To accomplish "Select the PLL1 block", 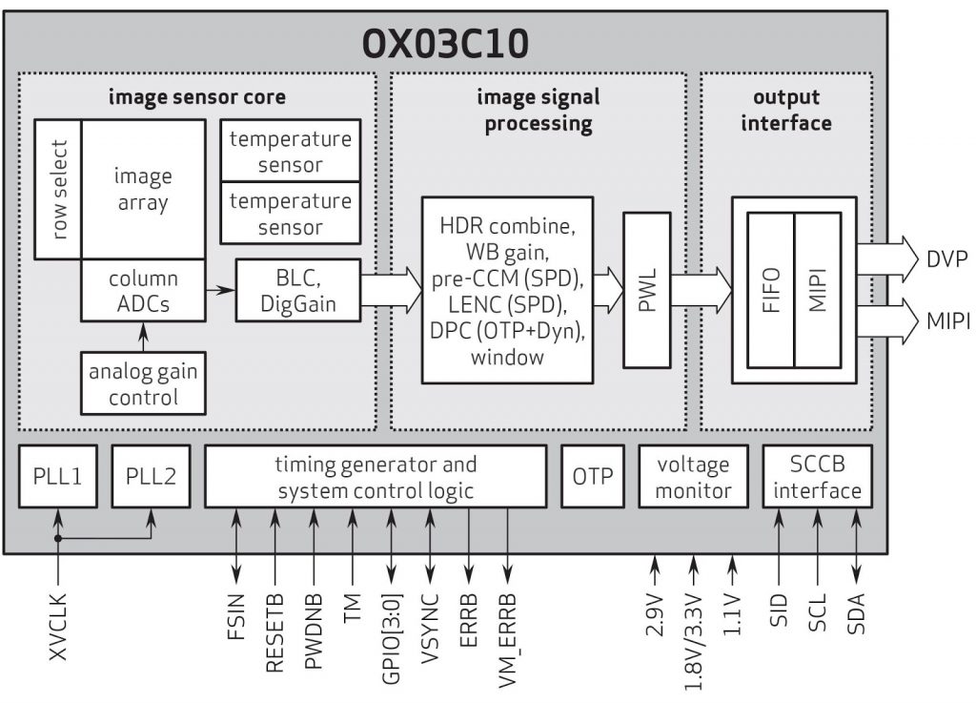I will click(58, 476).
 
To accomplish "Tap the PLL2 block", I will click(150, 476).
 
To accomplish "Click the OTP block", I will click(592, 476).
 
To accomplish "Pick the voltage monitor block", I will click(693, 477).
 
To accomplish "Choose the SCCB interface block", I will click(818, 477).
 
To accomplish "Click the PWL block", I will click(647, 290).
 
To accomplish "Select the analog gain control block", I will click(143, 383).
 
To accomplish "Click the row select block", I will click(58, 189).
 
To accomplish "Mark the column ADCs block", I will click(143, 291).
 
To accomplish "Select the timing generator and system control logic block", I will click(376, 477).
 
